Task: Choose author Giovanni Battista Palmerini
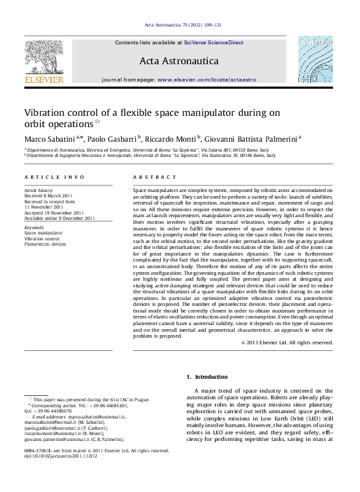251,138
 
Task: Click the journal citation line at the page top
179,26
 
